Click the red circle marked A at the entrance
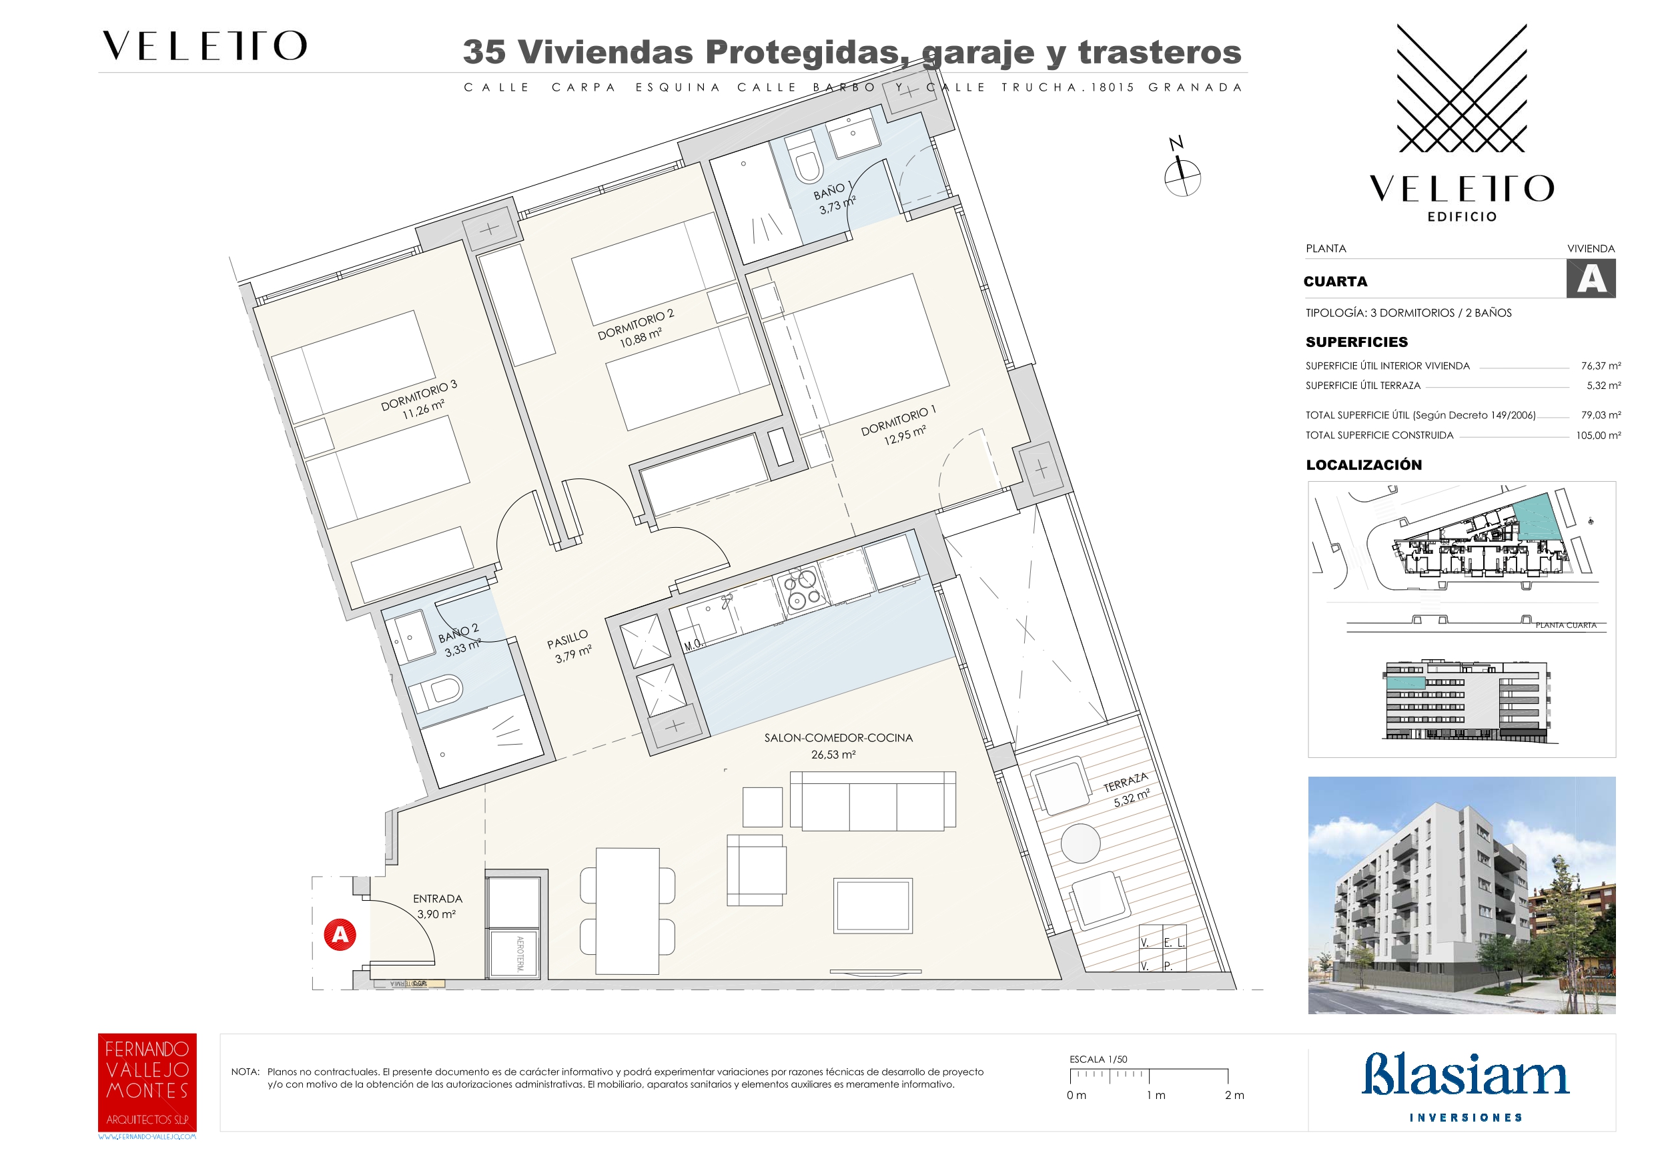click(340, 934)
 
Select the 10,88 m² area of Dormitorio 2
click(641, 337)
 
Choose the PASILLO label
click(567, 639)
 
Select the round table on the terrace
click(1080, 843)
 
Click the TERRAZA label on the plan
click(1125, 782)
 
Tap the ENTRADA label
click(438, 898)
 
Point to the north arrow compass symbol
click(1182, 174)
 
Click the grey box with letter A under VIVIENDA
click(1591, 279)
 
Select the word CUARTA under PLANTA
click(1335, 282)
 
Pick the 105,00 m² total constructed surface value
click(1599, 436)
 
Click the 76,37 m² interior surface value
click(1601, 366)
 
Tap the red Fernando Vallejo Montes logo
click(147, 1082)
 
